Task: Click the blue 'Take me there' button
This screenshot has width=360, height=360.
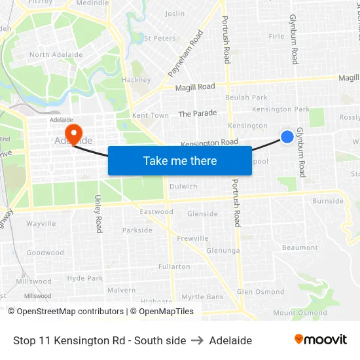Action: [180, 160]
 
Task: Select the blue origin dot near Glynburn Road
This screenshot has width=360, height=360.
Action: [287, 136]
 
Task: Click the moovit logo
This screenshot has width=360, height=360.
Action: [320, 340]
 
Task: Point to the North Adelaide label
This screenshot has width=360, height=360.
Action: [49, 55]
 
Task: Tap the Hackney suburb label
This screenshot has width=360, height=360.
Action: [136, 80]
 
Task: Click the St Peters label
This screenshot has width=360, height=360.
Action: [160, 39]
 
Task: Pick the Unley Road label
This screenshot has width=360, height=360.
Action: [99, 213]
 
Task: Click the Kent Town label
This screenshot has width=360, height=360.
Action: [151, 115]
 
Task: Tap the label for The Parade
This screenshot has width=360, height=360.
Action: [197, 113]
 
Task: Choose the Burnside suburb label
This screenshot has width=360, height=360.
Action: [328, 201]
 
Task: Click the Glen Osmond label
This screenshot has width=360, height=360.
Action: [261, 292]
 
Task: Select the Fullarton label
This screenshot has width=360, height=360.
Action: [174, 266]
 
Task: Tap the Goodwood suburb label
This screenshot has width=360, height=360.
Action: [45, 253]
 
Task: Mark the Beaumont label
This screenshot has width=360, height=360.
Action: [300, 247]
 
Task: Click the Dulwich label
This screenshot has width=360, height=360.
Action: [183, 187]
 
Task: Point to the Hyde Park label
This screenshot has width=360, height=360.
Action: [85, 278]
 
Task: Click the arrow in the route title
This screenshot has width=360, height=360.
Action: [198, 340]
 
